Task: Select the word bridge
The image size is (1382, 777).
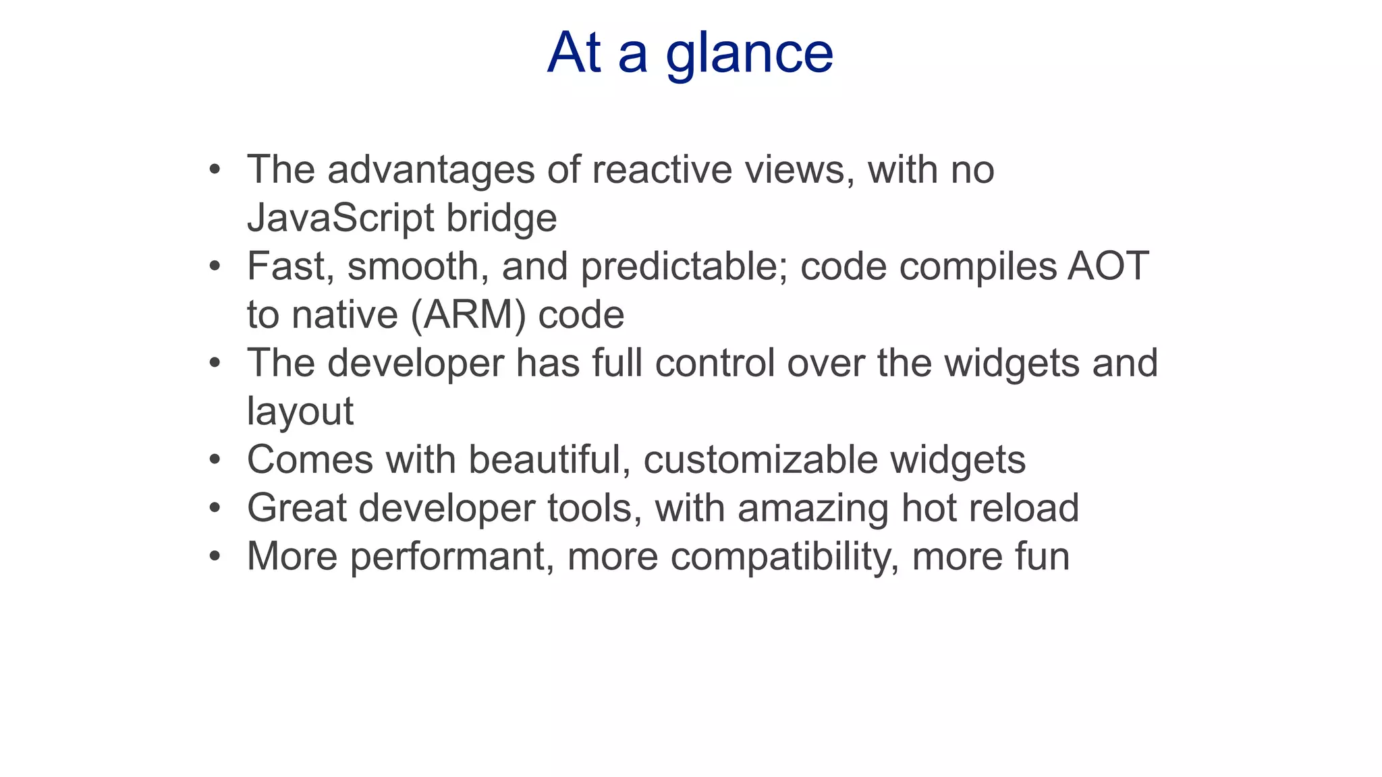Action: pyautogui.click(x=501, y=219)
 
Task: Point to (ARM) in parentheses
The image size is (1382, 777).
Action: pyautogui.click(x=468, y=315)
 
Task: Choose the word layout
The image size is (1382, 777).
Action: pyautogui.click(x=300, y=411)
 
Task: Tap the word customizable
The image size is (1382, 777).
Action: pyautogui.click(x=761, y=460)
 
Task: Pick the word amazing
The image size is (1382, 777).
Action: pyautogui.click(x=813, y=509)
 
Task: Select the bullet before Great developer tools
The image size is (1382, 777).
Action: pyautogui.click(x=215, y=508)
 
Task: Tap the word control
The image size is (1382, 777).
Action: pyautogui.click(x=715, y=363)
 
